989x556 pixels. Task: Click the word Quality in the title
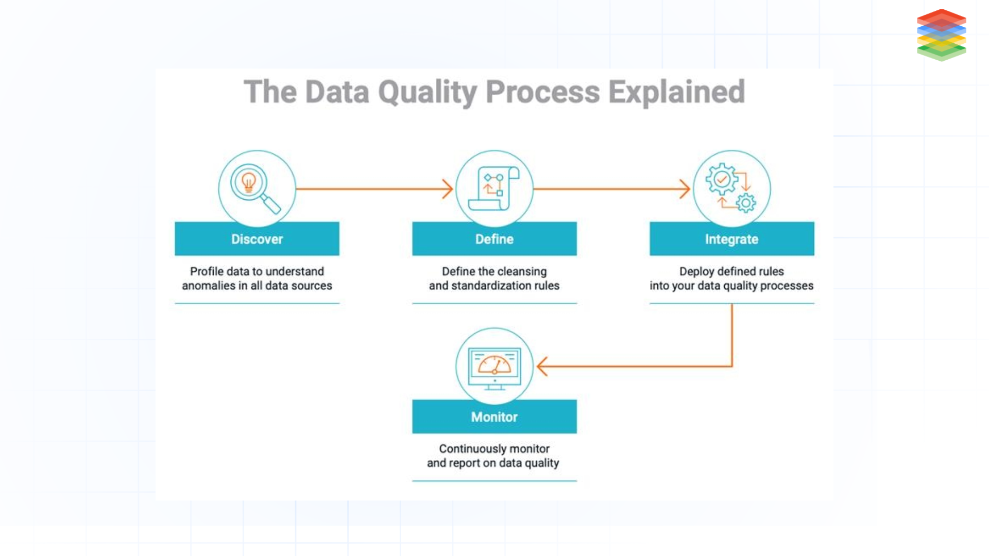tap(428, 92)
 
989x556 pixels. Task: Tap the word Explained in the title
tap(676, 92)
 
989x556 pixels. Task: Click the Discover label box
tap(257, 239)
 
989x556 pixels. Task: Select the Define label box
tap(494, 239)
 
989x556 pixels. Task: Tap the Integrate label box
tap(731, 239)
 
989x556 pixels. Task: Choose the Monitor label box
tap(494, 416)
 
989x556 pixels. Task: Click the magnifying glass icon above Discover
tap(255, 188)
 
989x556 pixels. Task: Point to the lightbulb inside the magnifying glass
tap(249, 182)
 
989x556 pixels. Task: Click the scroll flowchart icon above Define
tap(493, 188)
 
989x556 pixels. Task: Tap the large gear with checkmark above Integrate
tap(722, 180)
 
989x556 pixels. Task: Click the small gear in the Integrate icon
tap(746, 203)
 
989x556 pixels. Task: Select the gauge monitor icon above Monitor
tap(494, 368)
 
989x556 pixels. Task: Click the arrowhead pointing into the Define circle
tap(448, 189)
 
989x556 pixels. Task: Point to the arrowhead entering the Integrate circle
tap(685, 189)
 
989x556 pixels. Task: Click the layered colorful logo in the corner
tap(941, 35)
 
